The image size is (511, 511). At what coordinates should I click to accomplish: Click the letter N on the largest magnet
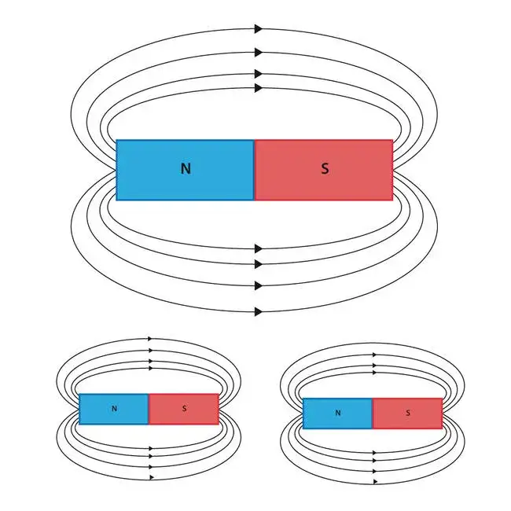[x=186, y=168]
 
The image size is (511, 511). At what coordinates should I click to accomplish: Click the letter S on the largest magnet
[x=325, y=168]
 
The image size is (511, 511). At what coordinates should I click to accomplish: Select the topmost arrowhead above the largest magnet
[x=258, y=29]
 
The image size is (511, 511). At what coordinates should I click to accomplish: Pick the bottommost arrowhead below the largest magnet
[x=258, y=312]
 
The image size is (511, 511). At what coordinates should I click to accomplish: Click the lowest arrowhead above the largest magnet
[x=258, y=88]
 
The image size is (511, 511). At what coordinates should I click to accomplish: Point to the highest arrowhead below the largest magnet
[x=258, y=248]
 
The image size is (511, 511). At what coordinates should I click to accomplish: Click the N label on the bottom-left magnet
[x=114, y=409]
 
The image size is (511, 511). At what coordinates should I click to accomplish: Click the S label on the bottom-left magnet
[x=184, y=409]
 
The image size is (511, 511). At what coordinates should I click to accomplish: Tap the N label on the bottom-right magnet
[x=338, y=413]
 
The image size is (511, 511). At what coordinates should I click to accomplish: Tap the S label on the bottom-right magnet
[x=407, y=413]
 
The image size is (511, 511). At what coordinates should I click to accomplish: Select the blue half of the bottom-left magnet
[x=98, y=415]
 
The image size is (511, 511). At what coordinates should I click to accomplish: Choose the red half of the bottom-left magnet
[x=200, y=415]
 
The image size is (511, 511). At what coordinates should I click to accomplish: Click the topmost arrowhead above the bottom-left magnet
[x=149, y=339]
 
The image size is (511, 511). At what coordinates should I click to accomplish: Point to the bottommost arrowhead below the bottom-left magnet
[x=149, y=477]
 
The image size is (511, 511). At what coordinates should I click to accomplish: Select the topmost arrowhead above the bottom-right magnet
[x=374, y=355]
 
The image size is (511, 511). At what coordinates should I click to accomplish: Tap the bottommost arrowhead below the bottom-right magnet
[x=375, y=480]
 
